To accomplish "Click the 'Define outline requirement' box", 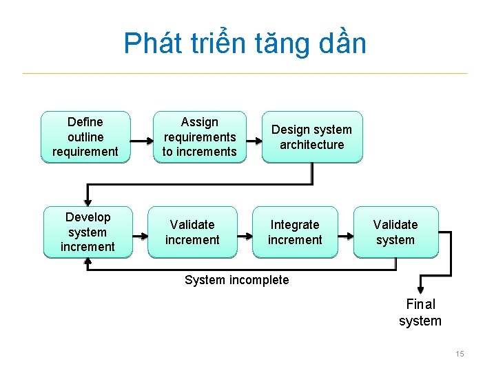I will coord(85,137).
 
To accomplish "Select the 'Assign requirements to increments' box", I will coord(199,137).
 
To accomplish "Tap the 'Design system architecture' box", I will coord(311,137).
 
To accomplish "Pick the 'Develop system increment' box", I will coord(88,232).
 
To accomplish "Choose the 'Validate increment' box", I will coord(192,232).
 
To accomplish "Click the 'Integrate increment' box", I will coord(295,232).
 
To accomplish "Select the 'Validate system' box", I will coord(395,232).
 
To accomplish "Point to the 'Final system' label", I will coord(420,312).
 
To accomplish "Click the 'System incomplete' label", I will coord(237,280).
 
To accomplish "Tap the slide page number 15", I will coord(460,354).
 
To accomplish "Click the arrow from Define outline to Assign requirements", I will coord(141,141).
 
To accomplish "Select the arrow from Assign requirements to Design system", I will coord(254,141).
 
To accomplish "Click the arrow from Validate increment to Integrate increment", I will coord(245,237).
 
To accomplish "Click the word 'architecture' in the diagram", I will coord(311,145).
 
